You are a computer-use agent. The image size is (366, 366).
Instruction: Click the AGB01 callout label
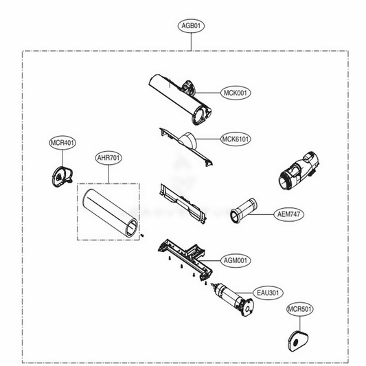point(191,25)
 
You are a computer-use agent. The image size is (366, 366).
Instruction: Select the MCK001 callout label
point(236,93)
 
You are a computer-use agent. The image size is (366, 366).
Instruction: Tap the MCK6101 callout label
point(236,139)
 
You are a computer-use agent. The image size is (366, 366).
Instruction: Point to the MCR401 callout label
point(62,143)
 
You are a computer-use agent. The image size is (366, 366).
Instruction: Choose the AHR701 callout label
point(108,158)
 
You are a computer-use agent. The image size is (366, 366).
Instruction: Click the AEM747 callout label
point(288,214)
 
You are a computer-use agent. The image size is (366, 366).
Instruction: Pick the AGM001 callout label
point(236,260)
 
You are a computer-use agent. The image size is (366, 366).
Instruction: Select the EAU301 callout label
point(268,293)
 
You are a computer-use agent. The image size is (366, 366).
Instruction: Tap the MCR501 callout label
point(299,309)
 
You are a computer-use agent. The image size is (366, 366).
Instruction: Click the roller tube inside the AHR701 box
point(110,213)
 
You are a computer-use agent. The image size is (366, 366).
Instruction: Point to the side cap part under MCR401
point(62,176)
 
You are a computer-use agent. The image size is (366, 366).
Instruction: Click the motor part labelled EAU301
point(233,299)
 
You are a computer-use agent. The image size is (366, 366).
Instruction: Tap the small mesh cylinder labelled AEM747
point(244,211)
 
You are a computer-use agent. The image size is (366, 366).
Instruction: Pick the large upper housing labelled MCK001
point(180,99)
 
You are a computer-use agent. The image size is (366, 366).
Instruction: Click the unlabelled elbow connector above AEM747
point(299,171)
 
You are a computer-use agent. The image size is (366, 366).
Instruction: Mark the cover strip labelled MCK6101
point(186,146)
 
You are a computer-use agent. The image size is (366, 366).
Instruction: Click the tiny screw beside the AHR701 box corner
point(142,236)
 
